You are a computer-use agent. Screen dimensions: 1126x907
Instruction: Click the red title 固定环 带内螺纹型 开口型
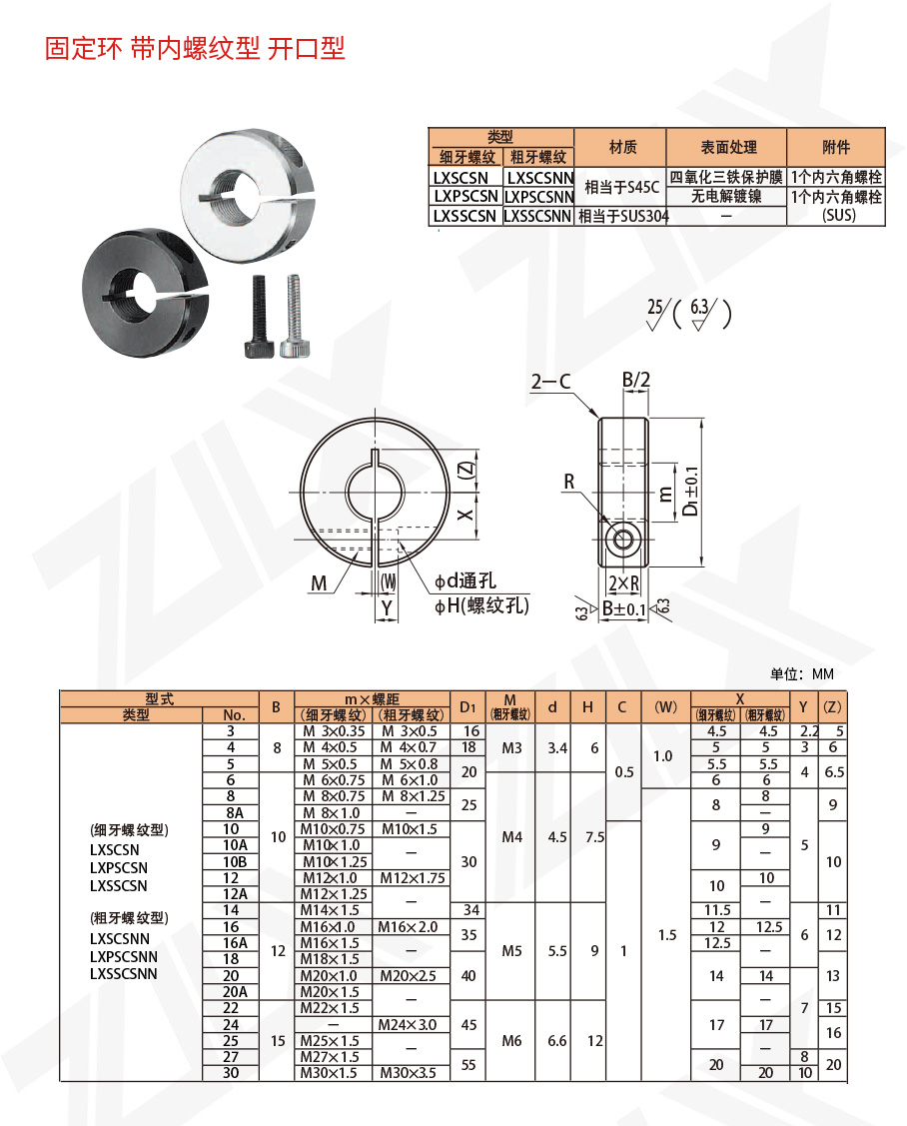tap(195, 48)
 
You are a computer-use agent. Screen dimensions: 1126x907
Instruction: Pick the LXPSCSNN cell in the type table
tap(538, 196)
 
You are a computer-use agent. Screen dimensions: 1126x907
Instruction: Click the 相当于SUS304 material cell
tap(622, 215)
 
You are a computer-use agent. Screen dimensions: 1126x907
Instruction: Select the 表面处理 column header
tap(727, 147)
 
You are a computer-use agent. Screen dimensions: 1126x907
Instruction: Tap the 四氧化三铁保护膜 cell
tap(727, 177)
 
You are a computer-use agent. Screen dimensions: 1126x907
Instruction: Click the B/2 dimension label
tap(636, 380)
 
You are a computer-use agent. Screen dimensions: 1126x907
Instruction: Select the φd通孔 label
tap(465, 581)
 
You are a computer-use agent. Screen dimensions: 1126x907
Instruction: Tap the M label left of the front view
tap(319, 582)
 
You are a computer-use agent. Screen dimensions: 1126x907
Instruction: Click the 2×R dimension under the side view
tap(623, 582)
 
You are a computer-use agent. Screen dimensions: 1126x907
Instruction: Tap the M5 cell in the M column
tap(511, 951)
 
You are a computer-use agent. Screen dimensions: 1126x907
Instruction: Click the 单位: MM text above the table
tap(801, 674)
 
